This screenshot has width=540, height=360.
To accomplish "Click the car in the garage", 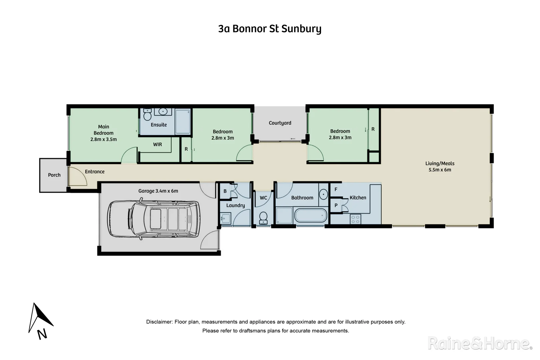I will point(154,219).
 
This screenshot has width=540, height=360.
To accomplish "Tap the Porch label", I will point(54,175).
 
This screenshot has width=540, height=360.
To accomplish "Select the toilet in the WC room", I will point(263,218).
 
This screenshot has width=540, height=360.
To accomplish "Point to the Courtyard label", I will point(280,123).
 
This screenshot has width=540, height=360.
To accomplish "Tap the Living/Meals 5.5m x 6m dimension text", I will point(440,170).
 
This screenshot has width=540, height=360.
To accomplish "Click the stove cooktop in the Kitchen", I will point(355,219).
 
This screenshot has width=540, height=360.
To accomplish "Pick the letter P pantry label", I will point(336,206).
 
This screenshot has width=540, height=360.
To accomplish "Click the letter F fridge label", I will point(336,189).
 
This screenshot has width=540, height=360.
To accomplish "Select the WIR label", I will point(158,145).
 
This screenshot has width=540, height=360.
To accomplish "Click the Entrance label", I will point(95,172).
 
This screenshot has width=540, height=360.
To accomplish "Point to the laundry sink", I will point(226,219).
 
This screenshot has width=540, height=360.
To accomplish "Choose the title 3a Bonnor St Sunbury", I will point(270,29).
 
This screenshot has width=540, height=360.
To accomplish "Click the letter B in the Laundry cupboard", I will point(225,191).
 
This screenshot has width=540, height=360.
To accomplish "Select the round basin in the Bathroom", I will point(323,194).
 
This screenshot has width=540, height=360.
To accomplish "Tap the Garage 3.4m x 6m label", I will point(158,191).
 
